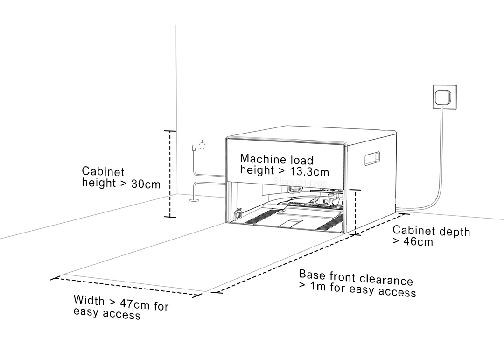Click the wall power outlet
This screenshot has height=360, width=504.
click(x=445, y=98)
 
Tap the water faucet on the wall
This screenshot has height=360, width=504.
click(x=201, y=145)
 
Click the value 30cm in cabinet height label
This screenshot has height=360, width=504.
click(x=146, y=184)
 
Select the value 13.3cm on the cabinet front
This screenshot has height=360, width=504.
click(x=311, y=172)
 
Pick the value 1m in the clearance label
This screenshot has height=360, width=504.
click(x=318, y=286)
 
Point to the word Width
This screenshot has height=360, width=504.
click(x=89, y=299)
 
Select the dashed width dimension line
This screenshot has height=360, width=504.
click(x=126, y=286)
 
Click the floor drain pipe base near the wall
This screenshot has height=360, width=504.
click(x=194, y=200)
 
